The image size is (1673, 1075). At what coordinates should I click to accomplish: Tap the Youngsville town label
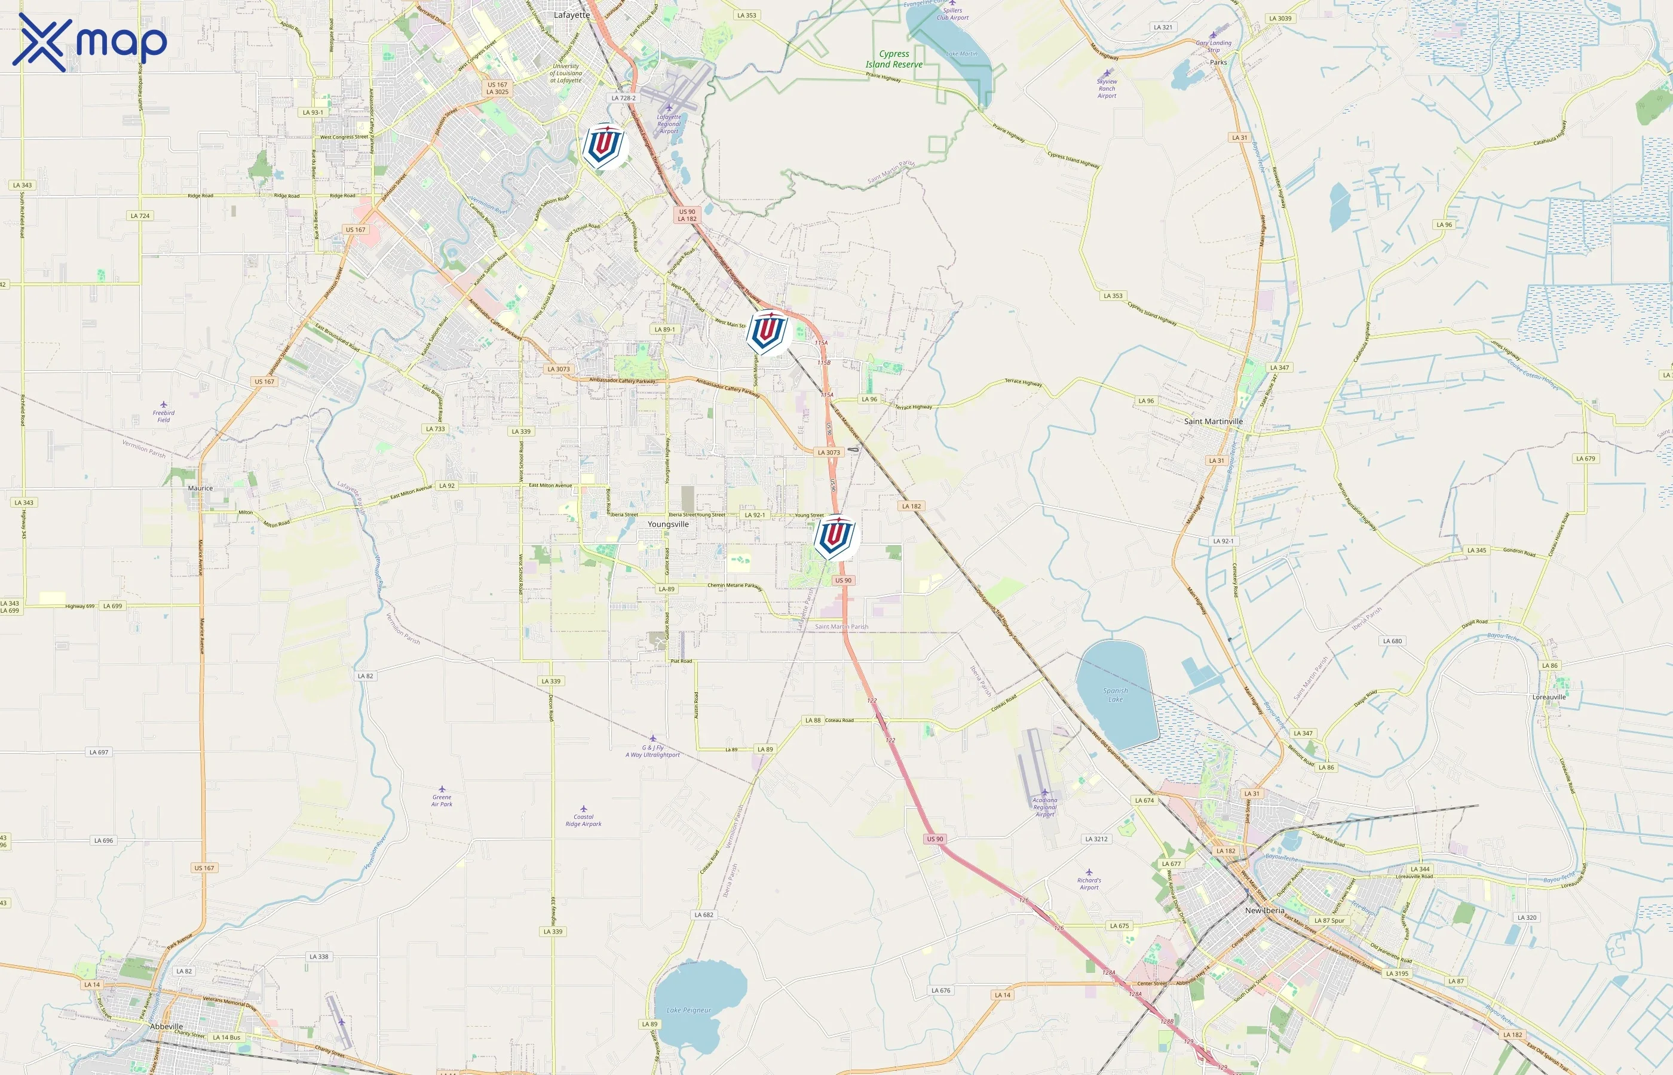(667, 524)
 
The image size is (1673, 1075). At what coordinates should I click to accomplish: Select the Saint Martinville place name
(1213, 422)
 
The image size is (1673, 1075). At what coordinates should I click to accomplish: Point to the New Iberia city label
(1264, 910)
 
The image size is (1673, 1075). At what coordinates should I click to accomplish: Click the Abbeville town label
(166, 1026)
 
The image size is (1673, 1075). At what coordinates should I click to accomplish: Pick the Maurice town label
(200, 489)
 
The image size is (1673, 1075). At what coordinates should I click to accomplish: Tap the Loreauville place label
(1549, 696)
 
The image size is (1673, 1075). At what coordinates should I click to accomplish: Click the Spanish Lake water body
(1115, 695)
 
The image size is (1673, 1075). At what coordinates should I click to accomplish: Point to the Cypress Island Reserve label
(894, 59)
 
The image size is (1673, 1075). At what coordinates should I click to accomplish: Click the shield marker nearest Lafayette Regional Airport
(604, 146)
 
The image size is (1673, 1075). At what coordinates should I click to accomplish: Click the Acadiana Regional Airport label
(1044, 807)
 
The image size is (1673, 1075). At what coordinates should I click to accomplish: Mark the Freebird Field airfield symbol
(163, 405)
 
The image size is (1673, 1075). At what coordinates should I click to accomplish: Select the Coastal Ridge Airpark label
(583, 820)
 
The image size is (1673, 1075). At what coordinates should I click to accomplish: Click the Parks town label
(1218, 63)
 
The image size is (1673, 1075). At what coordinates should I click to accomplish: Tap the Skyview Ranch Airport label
(1107, 88)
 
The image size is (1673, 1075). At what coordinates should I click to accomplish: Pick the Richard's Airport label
(1089, 884)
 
